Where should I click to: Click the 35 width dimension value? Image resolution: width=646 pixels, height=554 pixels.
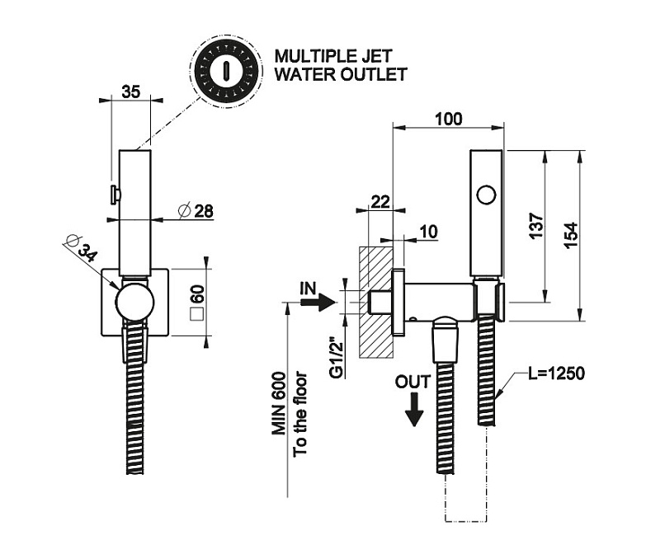coord(130,92)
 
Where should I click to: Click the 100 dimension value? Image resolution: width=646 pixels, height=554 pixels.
coord(447,119)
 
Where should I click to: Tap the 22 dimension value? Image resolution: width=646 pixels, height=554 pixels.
coord(380,201)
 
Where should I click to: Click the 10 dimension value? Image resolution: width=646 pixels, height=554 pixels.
coord(427,232)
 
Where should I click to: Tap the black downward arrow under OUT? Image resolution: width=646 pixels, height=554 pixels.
coord(415,409)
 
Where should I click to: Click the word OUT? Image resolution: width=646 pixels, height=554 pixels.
coord(413,383)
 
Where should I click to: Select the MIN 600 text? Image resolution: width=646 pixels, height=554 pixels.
coord(279,406)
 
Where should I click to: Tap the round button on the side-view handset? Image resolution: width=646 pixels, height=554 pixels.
coord(487,195)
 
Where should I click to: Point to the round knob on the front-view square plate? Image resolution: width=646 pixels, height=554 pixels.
coord(134,302)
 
